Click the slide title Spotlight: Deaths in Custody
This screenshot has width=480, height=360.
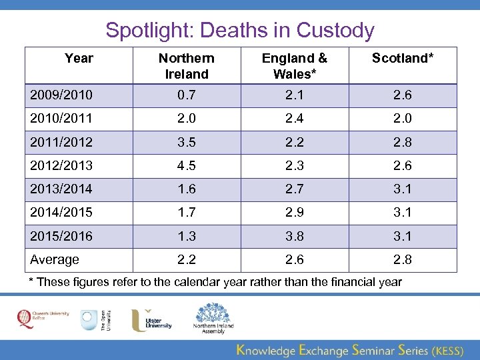point(240,30)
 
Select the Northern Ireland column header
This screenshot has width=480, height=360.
point(187,66)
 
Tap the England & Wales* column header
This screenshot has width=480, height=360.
point(294,66)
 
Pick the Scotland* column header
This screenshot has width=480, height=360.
point(402,59)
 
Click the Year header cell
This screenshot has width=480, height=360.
point(79,59)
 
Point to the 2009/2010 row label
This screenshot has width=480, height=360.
point(62,95)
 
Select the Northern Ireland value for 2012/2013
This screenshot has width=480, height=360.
point(187,166)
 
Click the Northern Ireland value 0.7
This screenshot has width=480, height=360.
point(187,95)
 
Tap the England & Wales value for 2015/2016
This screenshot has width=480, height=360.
point(294,237)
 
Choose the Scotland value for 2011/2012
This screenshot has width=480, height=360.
point(402,143)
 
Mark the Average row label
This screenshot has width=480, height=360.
point(55,260)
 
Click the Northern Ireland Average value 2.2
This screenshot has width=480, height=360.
point(187,260)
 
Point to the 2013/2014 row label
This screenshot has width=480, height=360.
point(62,189)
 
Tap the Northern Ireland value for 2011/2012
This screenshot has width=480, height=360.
point(187,143)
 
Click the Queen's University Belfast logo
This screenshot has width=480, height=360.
point(39,319)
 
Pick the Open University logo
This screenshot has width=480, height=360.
point(95,320)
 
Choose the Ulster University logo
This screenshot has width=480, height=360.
point(151,319)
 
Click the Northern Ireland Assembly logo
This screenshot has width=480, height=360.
point(213,318)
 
